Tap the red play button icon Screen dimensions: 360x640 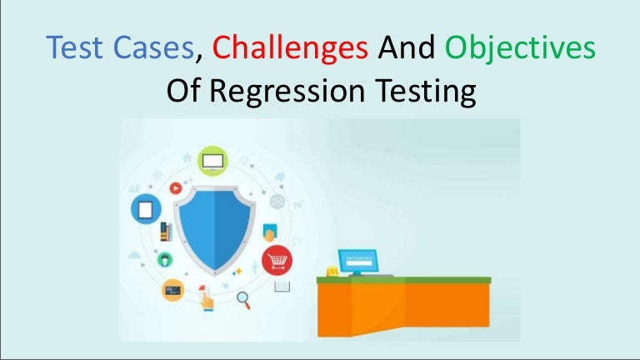tap(176, 188)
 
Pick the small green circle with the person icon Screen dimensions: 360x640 tap(166, 259)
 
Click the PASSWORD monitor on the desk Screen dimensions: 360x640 tap(356, 260)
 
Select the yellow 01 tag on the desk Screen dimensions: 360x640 tap(332, 271)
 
